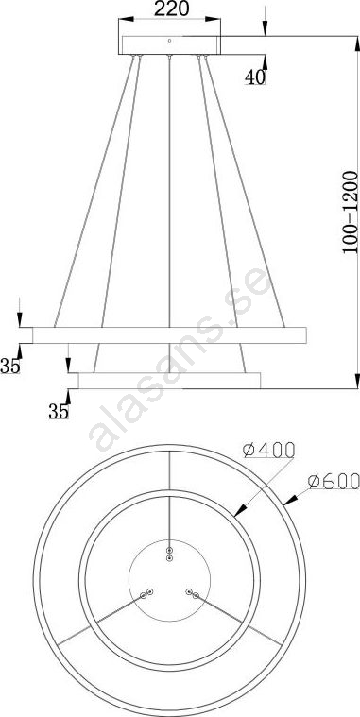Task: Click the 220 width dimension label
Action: tap(172, 9)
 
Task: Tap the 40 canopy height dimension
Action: tap(255, 77)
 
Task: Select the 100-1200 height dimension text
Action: tap(350, 213)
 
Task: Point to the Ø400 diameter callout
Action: tap(268, 451)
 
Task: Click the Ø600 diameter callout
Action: tap(334, 481)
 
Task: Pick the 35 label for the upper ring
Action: tap(10, 367)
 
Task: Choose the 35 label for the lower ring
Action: tap(59, 412)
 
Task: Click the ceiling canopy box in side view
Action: tap(170, 44)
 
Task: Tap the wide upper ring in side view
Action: tap(169, 335)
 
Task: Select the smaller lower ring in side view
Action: tap(169, 381)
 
